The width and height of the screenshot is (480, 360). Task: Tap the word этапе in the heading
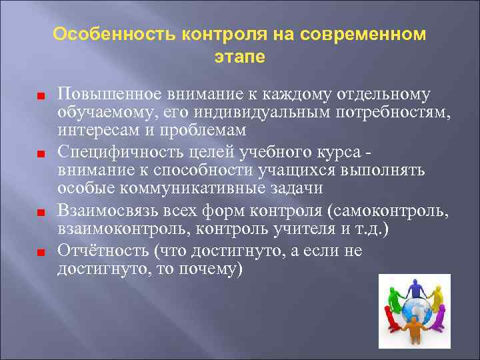pos(240,57)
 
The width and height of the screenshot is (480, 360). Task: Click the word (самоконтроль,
pos(393,212)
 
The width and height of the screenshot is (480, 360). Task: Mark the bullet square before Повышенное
pos(41,95)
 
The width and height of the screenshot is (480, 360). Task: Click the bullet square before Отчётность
pos(41,253)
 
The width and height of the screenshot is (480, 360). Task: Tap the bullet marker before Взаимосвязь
pos(41,213)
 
